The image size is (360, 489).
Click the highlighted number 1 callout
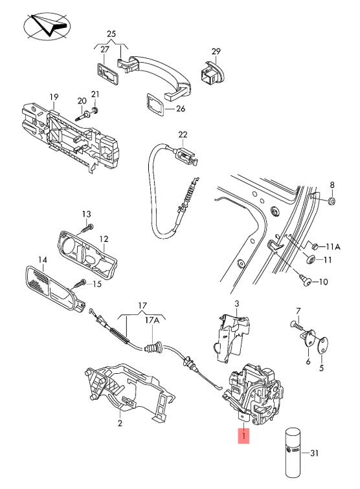click(x=243, y=436)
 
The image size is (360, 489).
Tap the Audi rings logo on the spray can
click(x=293, y=450)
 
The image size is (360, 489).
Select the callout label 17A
click(x=152, y=320)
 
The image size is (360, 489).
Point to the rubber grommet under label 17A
click(x=153, y=347)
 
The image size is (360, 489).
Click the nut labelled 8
click(x=333, y=201)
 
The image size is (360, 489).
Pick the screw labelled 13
click(x=87, y=229)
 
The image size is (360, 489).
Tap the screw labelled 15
click(x=79, y=283)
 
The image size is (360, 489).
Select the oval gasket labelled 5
click(x=322, y=345)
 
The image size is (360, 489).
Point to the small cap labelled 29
click(x=212, y=73)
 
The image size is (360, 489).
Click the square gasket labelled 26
click(x=155, y=104)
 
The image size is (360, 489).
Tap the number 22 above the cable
click(x=183, y=135)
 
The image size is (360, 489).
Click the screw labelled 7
click(x=296, y=325)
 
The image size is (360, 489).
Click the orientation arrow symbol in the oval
click(x=47, y=26)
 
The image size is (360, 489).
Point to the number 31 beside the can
click(x=314, y=453)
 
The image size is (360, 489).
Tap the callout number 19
click(x=54, y=97)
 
